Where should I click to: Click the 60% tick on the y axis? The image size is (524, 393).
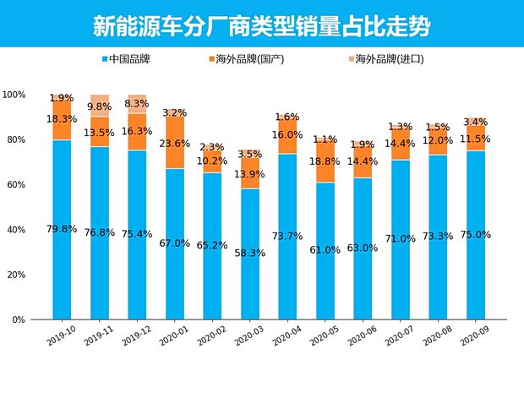coord(14,185)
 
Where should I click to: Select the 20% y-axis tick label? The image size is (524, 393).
coord(14,276)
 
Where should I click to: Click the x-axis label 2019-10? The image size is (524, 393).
coord(61,332)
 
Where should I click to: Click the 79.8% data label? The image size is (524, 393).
coord(61,229)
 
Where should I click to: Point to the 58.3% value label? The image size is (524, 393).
coord(249,252)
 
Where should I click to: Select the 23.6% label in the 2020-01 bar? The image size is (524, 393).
coord(174,144)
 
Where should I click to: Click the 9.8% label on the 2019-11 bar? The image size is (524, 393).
coord(99,106)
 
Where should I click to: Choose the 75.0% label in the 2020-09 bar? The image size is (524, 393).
coord(476,234)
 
